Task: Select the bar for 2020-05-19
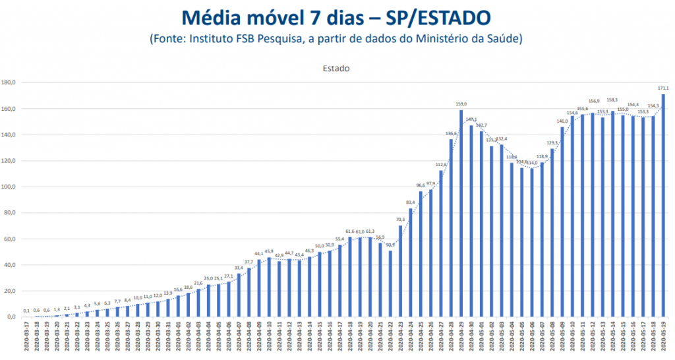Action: tap(662, 205)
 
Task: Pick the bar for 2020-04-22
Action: tap(390, 284)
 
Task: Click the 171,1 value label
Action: tap(663, 88)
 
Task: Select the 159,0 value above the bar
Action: tap(461, 104)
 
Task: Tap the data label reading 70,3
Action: tap(400, 219)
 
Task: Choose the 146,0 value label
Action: tap(562, 121)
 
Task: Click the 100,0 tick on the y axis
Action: tap(9, 187)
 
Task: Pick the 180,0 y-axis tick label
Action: tap(9, 82)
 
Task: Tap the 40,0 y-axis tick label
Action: tap(9, 265)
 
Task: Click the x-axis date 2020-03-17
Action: tap(26, 340)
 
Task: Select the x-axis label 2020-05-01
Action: tap(481, 340)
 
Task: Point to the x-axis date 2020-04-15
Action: tap(320, 340)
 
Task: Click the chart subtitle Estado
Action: tap(336, 68)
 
